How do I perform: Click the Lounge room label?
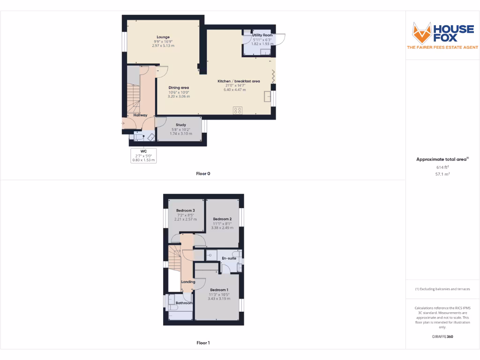coord(163,37)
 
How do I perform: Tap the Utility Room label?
coord(262,35)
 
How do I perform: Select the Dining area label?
coord(179,88)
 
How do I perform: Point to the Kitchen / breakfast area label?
coord(239,81)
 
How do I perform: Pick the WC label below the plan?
coord(143,151)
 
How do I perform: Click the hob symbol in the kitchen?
coord(238,111)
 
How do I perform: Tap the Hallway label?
coord(140,115)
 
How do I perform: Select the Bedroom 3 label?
coord(186,210)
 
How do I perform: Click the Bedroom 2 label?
coord(222,219)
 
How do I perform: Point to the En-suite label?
coord(229,258)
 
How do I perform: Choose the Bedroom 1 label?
coord(219,290)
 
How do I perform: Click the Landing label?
coord(188,282)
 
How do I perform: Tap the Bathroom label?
coord(184,303)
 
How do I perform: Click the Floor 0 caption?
coord(203,173)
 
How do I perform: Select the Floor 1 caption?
coord(203,343)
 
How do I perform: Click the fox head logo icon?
coord(421,33)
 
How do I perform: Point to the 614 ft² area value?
coord(442,167)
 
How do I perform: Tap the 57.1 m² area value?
coord(442,174)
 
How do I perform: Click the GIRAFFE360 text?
coord(442,337)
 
